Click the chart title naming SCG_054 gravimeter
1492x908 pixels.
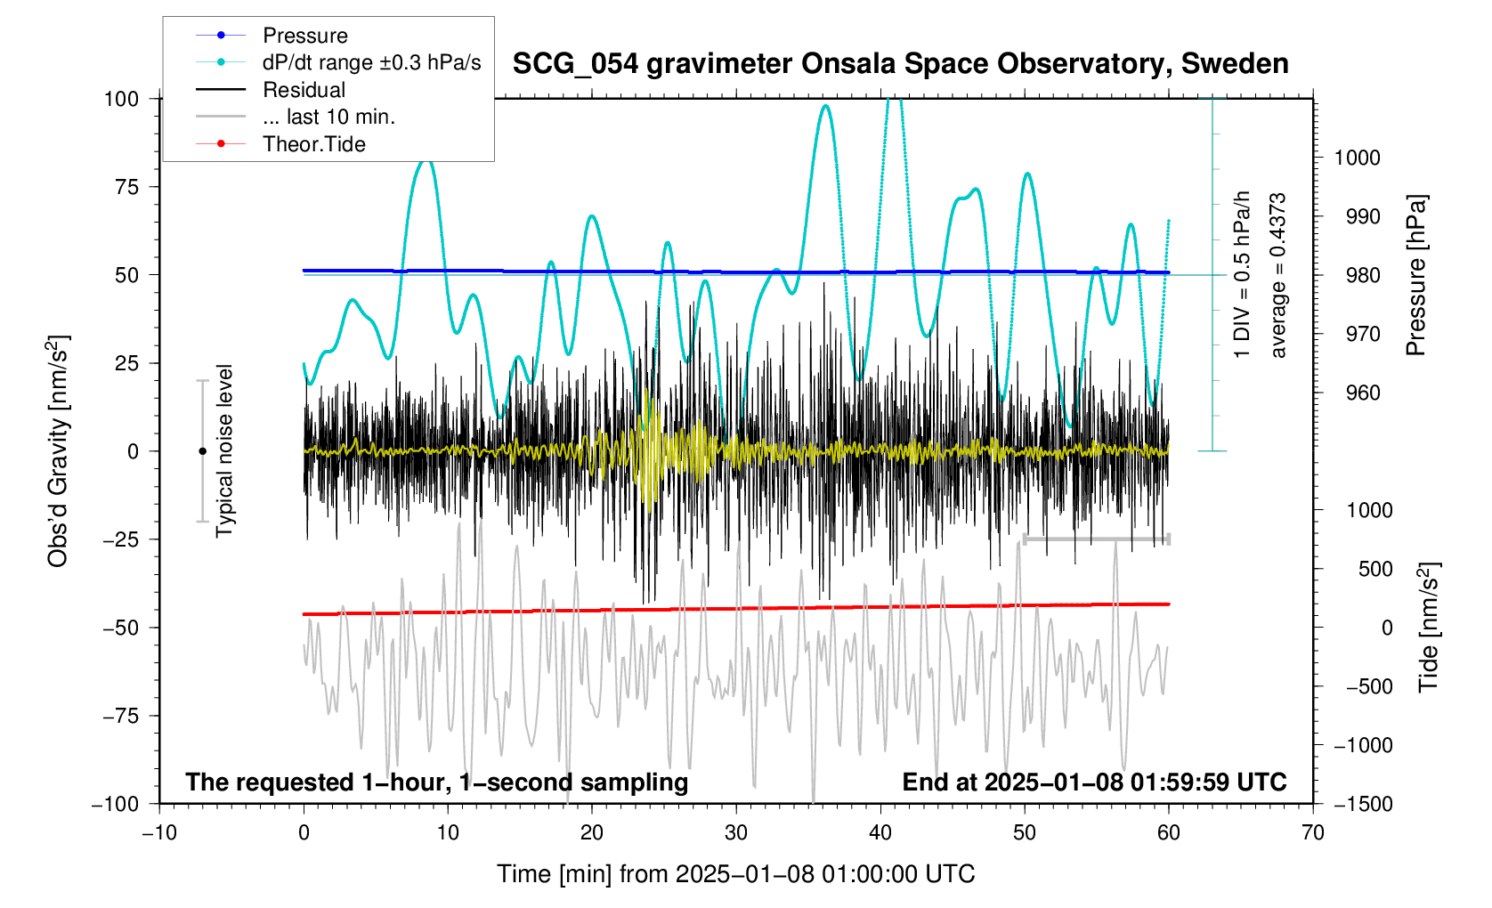pyautogui.click(x=900, y=64)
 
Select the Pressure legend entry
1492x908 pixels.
pyautogui.click(x=304, y=36)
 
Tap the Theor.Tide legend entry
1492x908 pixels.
pyautogui.click(x=313, y=144)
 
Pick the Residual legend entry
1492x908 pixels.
pyautogui.click(x=304, y=90)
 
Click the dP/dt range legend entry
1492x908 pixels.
pyautogui.click(x=371, y=62)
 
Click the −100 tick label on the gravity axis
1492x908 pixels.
pyautogui.click(x=116, y=804)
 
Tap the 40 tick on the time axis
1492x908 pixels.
pyautogui.click(x=880, y=833)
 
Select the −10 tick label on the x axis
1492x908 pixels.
pyautogui.click(x=159, y=833)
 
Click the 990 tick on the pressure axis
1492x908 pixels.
pyautogui.click(x=1357, y=217)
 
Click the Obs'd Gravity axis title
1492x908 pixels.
pyautogui.click(x=59, y=451)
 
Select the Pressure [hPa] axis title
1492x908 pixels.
pyautogui.click(x=1415, y=276)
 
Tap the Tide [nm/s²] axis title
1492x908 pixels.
pyautogui.click(x=1429, y=628)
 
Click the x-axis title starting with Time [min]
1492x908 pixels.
pyautogui.click(x=735, y=874)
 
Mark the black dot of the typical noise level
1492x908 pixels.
pyautogui.click(x=202, y=451)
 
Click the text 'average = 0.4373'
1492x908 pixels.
pyautogui.click(x=1278, y=276)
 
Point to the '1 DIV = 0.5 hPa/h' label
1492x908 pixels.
pyautogui.click(x=1242, y=274)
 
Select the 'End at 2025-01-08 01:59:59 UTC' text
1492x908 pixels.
pyautogui.click(x=1094, y=782)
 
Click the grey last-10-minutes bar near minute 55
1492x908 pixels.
pyautogui.click(x=1097, y=539)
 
